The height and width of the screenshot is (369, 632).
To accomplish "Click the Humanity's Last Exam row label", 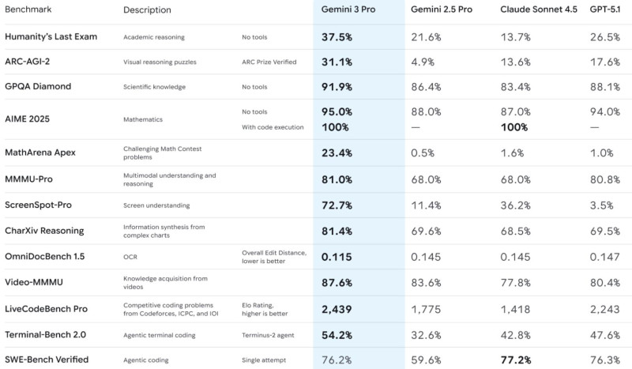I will tap(51, 37).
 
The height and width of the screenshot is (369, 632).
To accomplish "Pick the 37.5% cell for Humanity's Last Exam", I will tap(337, 37).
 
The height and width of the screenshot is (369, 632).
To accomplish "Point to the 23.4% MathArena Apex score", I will tap(337, 153).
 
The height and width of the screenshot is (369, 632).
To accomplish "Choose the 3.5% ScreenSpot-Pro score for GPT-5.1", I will tap(603, 205).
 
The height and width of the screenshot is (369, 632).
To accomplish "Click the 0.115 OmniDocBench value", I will tap(337, 257).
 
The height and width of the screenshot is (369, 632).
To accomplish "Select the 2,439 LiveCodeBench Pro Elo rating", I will tap(337, 309).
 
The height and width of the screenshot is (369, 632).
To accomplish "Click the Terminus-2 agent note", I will tap(268, 335).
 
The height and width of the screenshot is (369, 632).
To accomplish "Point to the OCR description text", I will tap(131, 257).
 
